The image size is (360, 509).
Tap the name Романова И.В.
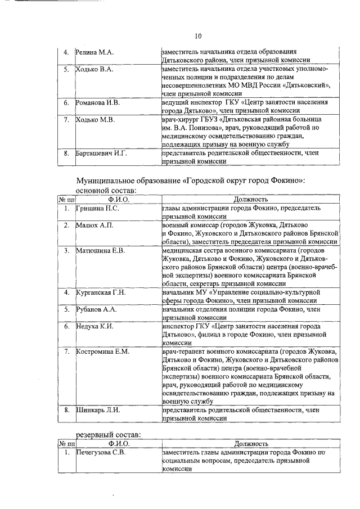98,103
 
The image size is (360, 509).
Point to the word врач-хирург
179,120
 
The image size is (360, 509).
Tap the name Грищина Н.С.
97,208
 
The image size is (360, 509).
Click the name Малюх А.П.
94,225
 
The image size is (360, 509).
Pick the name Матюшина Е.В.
100,250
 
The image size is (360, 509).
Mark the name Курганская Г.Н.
101,292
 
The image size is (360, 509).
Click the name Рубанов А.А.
96,309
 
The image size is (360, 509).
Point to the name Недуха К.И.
95,326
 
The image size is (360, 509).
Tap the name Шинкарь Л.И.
98,411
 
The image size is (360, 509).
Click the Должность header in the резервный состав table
250,443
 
